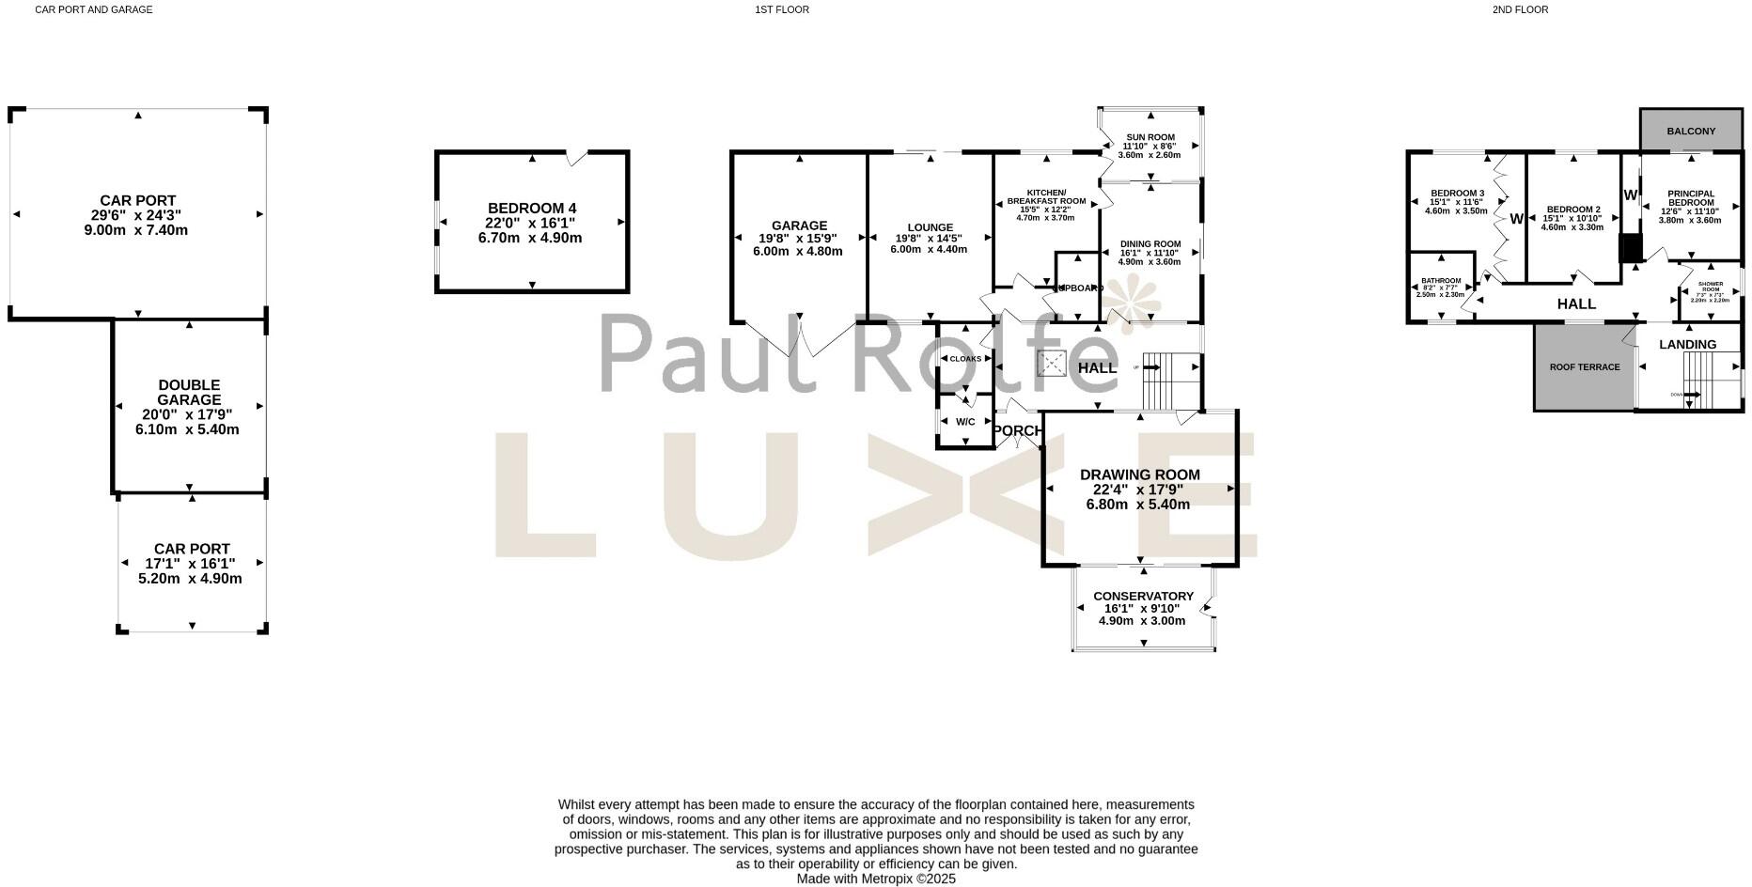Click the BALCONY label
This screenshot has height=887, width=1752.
(1690, 132)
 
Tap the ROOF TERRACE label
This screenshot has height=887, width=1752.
(1585, 367)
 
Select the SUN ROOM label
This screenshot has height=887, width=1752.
(1150, 137)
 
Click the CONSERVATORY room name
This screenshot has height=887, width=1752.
(1143, 597)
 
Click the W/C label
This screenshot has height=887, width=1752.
(965, 422)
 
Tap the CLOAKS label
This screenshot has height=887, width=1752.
(965, 359)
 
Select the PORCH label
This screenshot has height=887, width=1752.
(1017, 431)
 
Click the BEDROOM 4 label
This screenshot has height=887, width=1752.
(531, 209)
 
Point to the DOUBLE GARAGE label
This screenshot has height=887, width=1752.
(189, 393)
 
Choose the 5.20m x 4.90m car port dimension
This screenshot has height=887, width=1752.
(190, 579)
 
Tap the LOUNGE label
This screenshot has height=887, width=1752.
(930, 227)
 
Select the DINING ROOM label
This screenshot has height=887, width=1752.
(1150, 244)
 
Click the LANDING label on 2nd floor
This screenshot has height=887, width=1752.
(1687, 345)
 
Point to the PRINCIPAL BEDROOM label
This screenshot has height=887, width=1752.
(1690, 198)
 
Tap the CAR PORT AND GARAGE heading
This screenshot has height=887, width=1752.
(93, 10)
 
